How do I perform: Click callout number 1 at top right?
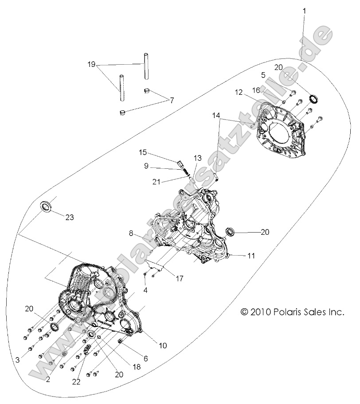pyautogui.click(x=304, y=9)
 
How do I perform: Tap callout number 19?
pyautogui.click(x=91, y=64)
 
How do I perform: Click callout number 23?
pyautogui.click(x=70, y=217)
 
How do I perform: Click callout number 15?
pyautogui.click(x=142, y=153)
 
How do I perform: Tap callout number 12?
pyautogui.click(x=239, y=93)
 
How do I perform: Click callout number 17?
pyautogui.click(x=180, y=279)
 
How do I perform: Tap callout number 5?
pyautogui.click(x=263, y=75)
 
